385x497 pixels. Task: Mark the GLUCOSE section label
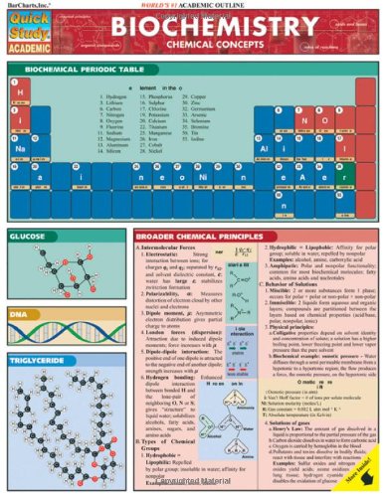click(x=30, y=238)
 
